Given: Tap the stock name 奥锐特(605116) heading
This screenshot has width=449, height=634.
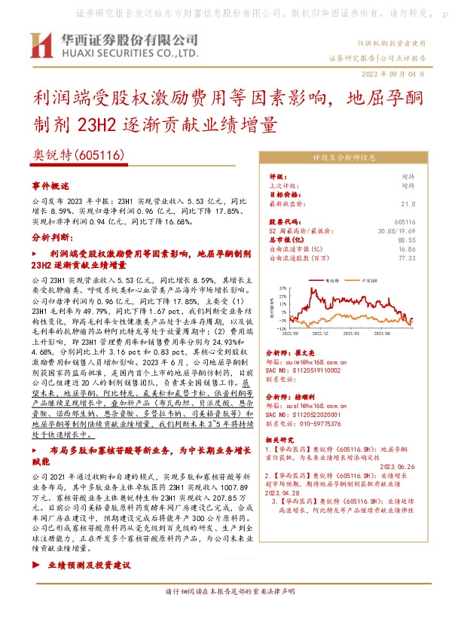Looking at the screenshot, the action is (x=79, y=154).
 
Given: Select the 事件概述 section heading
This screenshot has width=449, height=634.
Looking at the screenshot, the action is (x=50, y=185).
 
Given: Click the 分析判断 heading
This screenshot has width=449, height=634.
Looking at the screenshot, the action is (x=51, y=236).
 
